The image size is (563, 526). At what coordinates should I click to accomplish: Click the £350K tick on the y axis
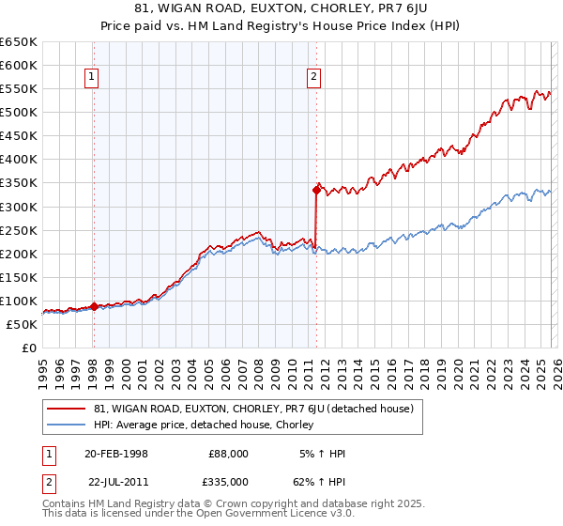tap(19, 183)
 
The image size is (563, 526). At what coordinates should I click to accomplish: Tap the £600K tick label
tap(19, 65)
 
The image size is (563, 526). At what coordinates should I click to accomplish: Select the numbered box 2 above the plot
tap(312, 78)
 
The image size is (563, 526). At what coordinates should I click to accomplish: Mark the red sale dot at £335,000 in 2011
tap(316, 190)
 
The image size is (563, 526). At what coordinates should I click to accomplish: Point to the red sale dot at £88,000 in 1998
tap(94, 306)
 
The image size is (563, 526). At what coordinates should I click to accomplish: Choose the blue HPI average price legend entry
tap(203, 425)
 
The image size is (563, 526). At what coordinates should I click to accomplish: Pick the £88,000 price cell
tap(229, 454)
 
